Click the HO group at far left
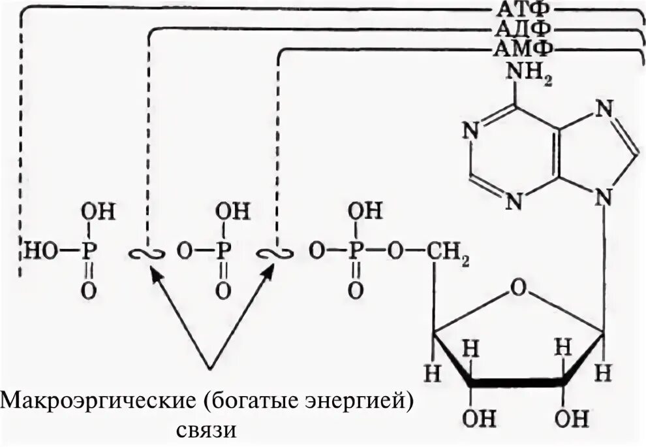(x=38, y=249)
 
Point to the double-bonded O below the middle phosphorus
(x=223, y=291)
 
